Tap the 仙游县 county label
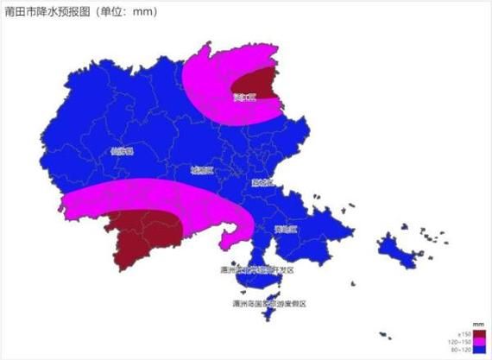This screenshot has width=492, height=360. [x=123, y=151]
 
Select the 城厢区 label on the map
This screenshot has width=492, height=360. [x=202, y=171]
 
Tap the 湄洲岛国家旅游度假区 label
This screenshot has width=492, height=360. [x=269, y=304]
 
